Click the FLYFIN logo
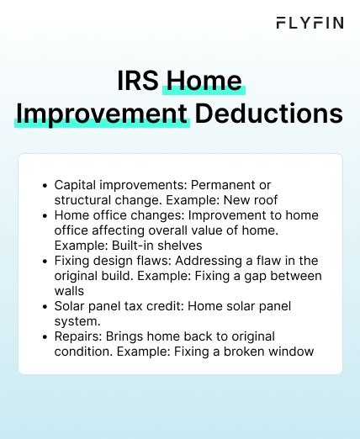click(x=310, y=23)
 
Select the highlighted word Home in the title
click(x=204, y=81)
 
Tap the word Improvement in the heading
click(x=102, y=114)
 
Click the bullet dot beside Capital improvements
click(x=44, y=184)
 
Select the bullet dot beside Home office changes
click(x=44, y=214)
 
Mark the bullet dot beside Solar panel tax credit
click(x=44, y=307)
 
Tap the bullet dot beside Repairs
click(x=44, y=337)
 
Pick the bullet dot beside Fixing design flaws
click(x=44, y=261)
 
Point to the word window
click(x=292, y=352)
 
